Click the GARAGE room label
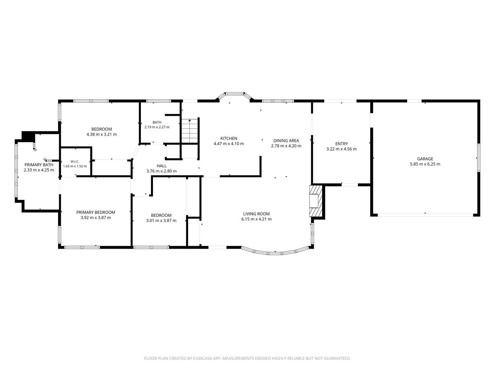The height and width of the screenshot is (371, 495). pyautogui.click(x=425, y=159)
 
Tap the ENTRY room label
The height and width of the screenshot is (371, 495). pyautogui.click(x=341, y=144)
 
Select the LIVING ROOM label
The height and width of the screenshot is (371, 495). pyautogui.click(x=256, y=214)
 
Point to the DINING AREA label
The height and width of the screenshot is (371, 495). pyautogui.click(x=286, y=140)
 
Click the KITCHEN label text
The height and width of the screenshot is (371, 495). pyautogui.click(x=229, y=138)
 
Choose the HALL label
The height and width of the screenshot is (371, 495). pyautogui.click(x=162, y=166)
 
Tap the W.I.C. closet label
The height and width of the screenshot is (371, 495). pyautogui.click(x=75, y=161)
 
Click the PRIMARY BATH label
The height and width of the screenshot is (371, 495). pyautogui.click(x=39, y=165)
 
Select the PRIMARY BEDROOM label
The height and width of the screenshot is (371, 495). pyautogui.click(x=96, y=212)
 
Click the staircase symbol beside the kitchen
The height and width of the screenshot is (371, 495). pyautogui.click(x=190, y=131)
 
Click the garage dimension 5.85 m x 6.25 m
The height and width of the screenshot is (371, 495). pyautogui.click(x=425, y=164)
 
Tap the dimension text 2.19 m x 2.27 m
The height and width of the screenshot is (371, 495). pyautogui.click(x=157, y=127)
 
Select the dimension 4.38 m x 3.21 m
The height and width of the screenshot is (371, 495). pyautogui.click(x=101, y=134)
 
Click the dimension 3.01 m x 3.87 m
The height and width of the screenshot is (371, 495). pyautogui.click(x=161, y=221)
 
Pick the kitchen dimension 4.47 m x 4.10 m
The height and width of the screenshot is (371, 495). pyautogui.click(x=229, y=144)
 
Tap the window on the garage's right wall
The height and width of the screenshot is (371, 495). pyautogui.click(x=478, y=158)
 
